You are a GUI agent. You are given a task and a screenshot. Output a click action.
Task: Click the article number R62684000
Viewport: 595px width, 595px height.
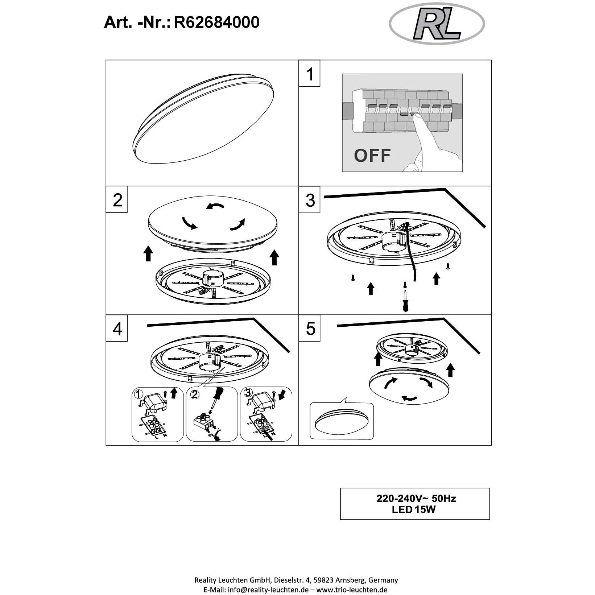217,22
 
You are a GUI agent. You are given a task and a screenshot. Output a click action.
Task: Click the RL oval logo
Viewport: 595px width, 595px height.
437,24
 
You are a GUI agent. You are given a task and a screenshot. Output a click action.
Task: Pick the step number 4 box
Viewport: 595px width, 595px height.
117,329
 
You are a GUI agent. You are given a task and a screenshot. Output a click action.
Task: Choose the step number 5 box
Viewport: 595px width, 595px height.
310,329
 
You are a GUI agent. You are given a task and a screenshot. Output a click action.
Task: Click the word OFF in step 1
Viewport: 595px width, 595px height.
372,156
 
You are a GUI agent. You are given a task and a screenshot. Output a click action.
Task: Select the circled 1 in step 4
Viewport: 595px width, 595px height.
138,394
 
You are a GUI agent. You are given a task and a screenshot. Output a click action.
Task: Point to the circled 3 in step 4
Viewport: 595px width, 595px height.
248,393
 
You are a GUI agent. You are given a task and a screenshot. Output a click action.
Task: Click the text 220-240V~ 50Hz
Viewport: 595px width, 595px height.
416,499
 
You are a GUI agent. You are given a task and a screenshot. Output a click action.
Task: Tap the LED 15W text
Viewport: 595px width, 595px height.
414,509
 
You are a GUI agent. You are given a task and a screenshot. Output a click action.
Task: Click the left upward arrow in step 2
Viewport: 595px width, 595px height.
148,253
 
